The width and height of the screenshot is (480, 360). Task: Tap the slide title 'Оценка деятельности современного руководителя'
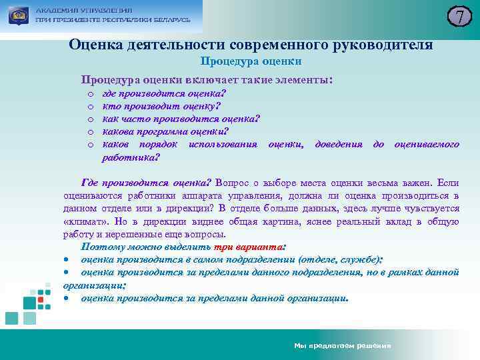pyautogui.click(x=251, y=45)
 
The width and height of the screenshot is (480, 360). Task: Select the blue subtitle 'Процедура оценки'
pyautogui.click(x=251, y=61)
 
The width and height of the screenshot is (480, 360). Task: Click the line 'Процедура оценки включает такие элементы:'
pyautogui.click(x=207, y=79)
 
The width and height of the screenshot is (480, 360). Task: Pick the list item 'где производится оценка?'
pyautogui.click(x=164, y=93)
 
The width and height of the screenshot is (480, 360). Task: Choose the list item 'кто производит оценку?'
pyautogui.click(x=161, y=106)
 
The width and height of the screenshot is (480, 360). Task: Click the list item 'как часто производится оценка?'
pyautogui.click(x=181, y=119)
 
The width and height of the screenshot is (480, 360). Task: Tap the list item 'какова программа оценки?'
pyautogui.click(x=165, y=131)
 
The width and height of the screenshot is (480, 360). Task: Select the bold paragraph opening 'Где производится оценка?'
pyautogui.click(x=146, y=182)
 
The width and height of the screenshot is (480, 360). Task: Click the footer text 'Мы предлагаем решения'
pyautogui.click(x=343, y=346)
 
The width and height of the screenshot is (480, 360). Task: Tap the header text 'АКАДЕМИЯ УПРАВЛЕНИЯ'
pyautogui.click(x=84, y=11)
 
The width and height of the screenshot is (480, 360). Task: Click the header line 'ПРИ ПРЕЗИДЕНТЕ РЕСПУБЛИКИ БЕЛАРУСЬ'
pyautogui.click(x=113, y=20)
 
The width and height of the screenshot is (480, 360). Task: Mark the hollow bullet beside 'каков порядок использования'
pyautogui.click(x=89, y=145)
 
